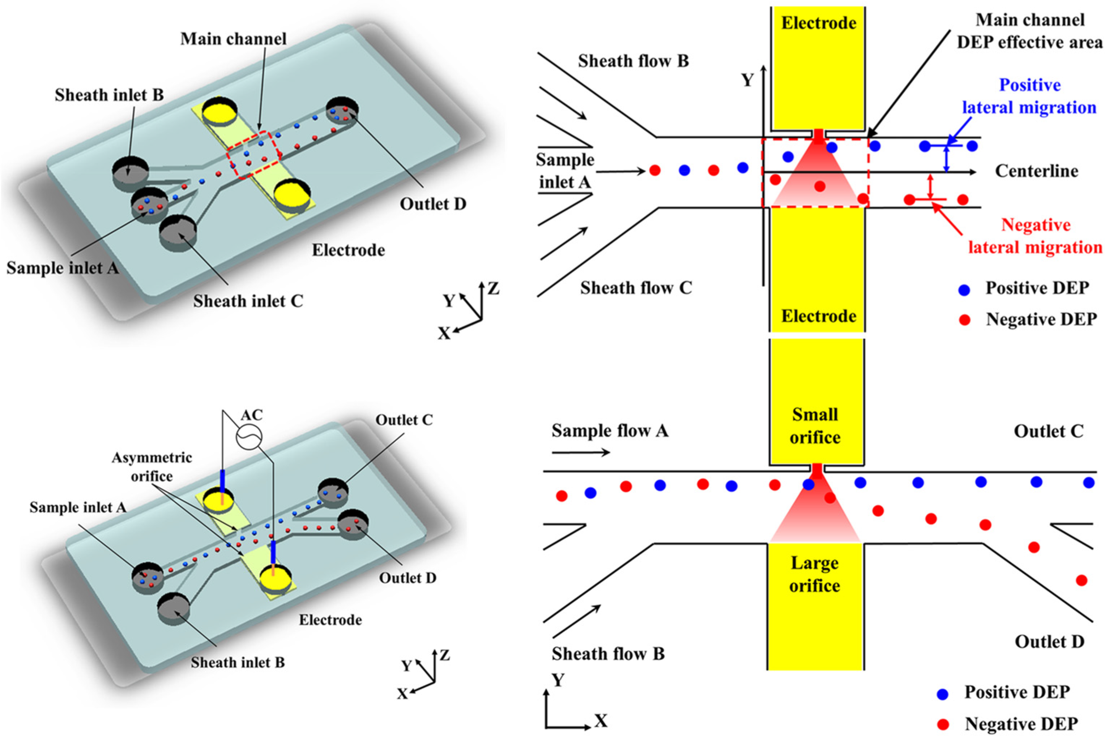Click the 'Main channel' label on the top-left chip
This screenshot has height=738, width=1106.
233,39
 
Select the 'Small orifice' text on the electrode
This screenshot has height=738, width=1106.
815,426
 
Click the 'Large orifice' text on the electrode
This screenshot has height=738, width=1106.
815,574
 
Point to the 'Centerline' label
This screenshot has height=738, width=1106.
1036,171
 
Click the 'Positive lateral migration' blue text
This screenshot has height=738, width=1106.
1029,96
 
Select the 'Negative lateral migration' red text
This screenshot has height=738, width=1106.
1035,236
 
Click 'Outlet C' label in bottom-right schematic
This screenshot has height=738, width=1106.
1049,432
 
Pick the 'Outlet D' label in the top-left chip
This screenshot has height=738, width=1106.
433,204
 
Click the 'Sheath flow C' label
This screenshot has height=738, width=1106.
636,288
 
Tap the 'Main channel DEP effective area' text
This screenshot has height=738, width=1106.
1030,31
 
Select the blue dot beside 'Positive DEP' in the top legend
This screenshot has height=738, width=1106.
964,290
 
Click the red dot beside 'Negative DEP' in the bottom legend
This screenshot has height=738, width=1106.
943,724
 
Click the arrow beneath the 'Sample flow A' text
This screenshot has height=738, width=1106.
581,453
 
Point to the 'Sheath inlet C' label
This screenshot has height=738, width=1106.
248,301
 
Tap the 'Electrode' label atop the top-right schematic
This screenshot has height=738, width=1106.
819,23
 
